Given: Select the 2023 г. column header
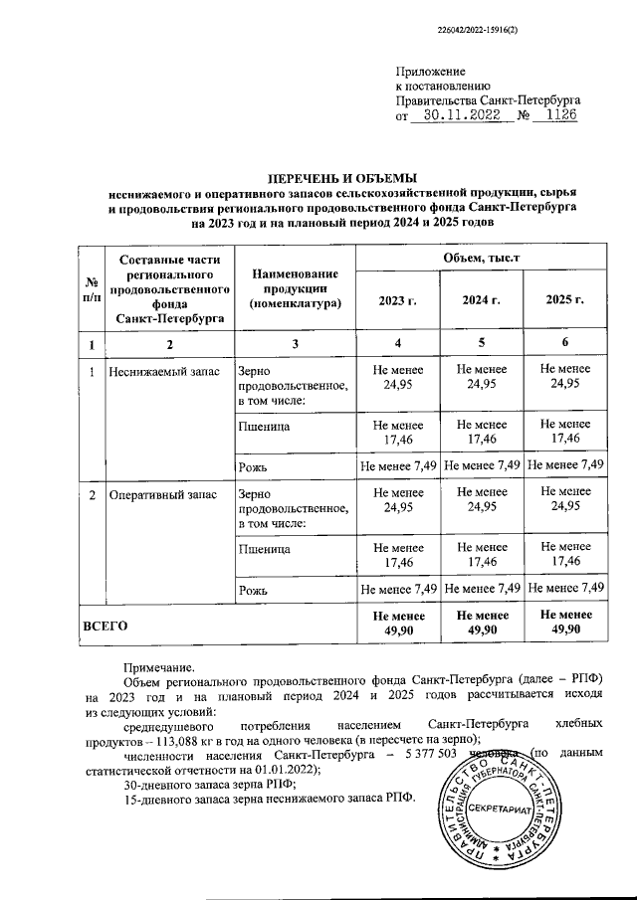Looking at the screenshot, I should [398, 300].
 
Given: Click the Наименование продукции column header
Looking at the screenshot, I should [296, 287].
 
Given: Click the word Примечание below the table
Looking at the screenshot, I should [158, 668].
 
